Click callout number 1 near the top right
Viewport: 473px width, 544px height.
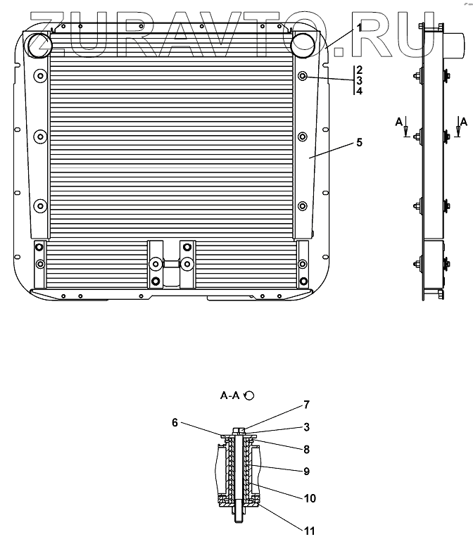359,27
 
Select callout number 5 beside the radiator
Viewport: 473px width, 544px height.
359,143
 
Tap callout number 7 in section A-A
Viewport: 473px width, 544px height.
306,405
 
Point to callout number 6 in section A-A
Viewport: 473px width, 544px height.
175,422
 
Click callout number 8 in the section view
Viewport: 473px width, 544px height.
306,450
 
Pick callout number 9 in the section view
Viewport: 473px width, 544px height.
306,472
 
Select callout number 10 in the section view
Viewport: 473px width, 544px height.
310,498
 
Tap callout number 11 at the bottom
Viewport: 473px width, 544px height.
310,531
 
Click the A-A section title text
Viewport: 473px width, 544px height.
230,396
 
